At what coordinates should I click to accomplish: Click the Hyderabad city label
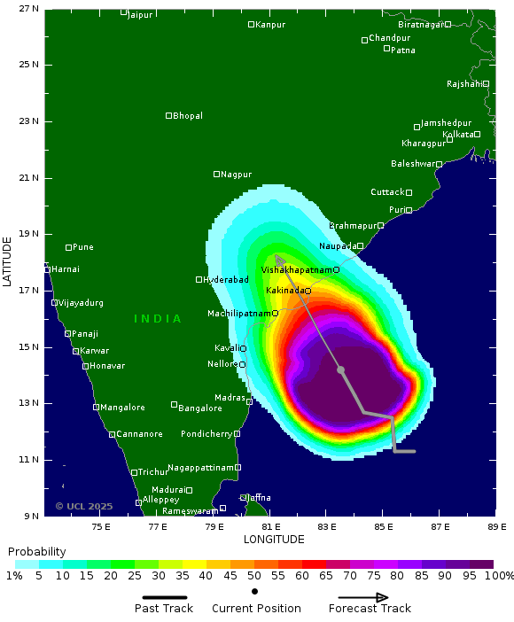coord(225,280)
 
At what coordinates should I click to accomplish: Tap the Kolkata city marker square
coord(477,135)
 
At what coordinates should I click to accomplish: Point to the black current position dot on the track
coord(340,369)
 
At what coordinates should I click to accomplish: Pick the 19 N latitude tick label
coord(30,235)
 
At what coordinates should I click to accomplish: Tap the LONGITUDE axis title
coord(274,539)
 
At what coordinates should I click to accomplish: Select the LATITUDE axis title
coord(8,260)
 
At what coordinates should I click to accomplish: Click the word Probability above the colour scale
coord(37,552)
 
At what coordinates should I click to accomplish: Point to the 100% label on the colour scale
coord(498,577)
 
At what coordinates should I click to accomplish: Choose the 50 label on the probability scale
coord(254,577)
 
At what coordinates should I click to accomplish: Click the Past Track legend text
coord(164,609)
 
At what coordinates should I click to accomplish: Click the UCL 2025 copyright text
coord(84,507)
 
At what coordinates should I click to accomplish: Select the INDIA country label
coord(158,319)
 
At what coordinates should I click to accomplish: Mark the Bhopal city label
coord(188,116)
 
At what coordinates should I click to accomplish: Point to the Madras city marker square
coord(250,402)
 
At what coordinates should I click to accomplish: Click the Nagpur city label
coord(237,175)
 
